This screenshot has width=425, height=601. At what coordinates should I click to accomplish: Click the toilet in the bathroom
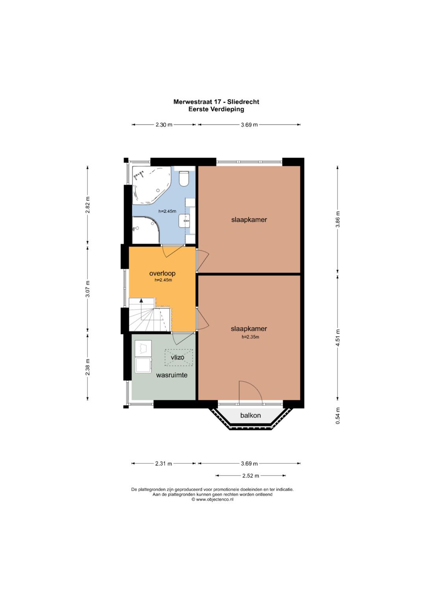pyautogui.click(x=184, y=178)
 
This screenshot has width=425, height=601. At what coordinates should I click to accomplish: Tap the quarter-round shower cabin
pyautogui.click(x=146, y=230)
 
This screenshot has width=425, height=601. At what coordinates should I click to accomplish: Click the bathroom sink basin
pyautogui.click(x=185, y=220)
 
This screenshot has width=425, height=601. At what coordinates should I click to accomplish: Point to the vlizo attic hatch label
pyautogui.click(x=177, y=357)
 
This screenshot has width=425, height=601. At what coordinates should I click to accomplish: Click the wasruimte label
pyautogui.click(x=172, y=375)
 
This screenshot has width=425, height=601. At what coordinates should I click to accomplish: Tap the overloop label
pyautogui.click(x=162, y=273)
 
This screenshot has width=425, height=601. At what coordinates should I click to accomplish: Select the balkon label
pyautogui.click(x=250, y=415)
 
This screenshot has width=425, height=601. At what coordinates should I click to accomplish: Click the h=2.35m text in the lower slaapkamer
pyautogui.click(x=250, y=337)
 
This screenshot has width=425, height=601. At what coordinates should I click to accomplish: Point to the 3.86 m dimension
pyautogui.click(x=338, y=219)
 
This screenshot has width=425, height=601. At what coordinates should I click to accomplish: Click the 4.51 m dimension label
pyautogui.click(x=338, y=338)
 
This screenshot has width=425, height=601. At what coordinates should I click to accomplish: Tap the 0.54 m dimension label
pyautogui.click(x=338, y=416)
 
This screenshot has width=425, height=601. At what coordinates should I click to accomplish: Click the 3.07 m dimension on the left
pyautogui.click(x=88, y=289)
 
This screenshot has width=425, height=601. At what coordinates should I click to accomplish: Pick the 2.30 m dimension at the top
pyautogui.click(x=164, y=124)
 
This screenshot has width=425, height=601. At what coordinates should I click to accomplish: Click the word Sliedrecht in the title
pyautogui.click(x=243, y=102)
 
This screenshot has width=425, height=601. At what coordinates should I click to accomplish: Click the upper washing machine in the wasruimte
pyautogui.click(x=143, y=348)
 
